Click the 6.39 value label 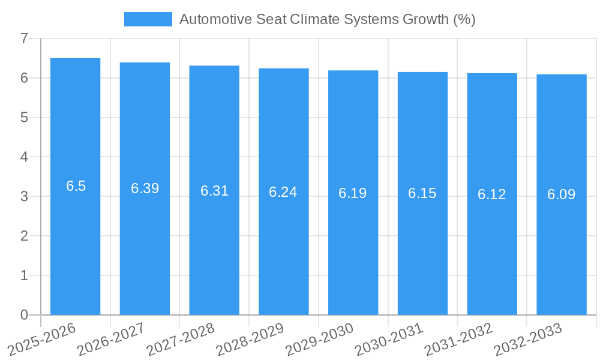pyautogui.click(x=145, y=188)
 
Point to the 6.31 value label pyautogui.click(x=214, y=191)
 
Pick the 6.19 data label pyautogui.click(x=353, y=193)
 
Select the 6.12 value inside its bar pyautogui.click(x=492, y=194)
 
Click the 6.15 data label pyautogui.click(x=422, y=193)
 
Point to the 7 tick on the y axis pyautogui.click(x=24, y=38)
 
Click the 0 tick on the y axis pyautogui.click(x=24, y=315)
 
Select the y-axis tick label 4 pyautogui.click(x=24, y=157)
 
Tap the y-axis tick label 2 pyautogui.click(x=24, y=236)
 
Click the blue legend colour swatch pyautogui.click(x=148, y=19)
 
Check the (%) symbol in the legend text pyautogui.click(x=464, y=19)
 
